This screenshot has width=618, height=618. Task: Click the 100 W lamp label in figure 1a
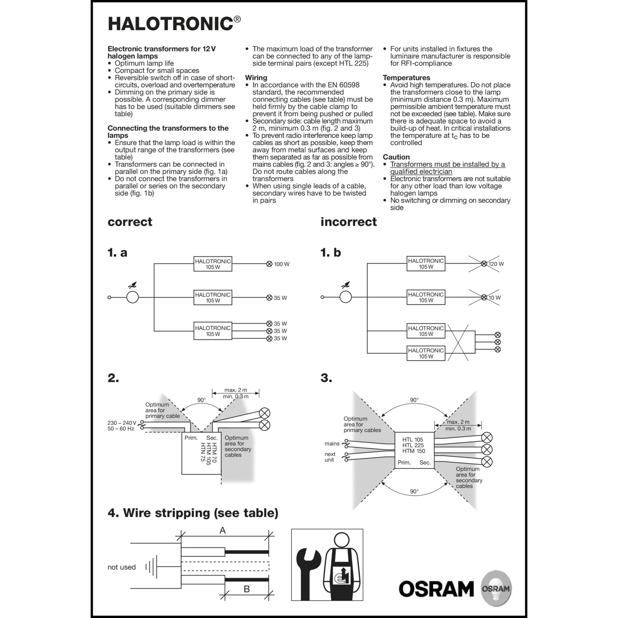[x=282, y=264]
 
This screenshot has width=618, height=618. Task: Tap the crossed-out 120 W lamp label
[x=496, y=264]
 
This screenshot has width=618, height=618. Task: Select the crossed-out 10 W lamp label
[x=494, y=297]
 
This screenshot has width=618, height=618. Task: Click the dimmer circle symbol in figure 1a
[x=132, y=297]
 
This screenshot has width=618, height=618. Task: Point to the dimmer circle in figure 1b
[x=345, y=297]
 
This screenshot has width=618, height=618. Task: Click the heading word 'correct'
[x=130, y=222]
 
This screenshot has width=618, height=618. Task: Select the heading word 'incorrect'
[x=349, y=222]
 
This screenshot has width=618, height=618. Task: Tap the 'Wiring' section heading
[x=256, y=78]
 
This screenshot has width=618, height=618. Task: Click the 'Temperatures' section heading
[x=406, y=78]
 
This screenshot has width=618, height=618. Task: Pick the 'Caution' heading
[x=396, y=157]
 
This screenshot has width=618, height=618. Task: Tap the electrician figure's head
[x=341, y=540]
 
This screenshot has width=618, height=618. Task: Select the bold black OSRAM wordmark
[x=436, y=589]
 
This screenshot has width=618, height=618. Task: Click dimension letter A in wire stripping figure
[x=222, y=531]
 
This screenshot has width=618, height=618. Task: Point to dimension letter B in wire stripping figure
[x=246, y=589]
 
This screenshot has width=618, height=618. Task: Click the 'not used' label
[x=122, y=567]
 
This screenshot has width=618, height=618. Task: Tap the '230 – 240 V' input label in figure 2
[x=122, y=423]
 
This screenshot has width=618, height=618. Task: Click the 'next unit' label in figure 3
[x=330, y=457]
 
